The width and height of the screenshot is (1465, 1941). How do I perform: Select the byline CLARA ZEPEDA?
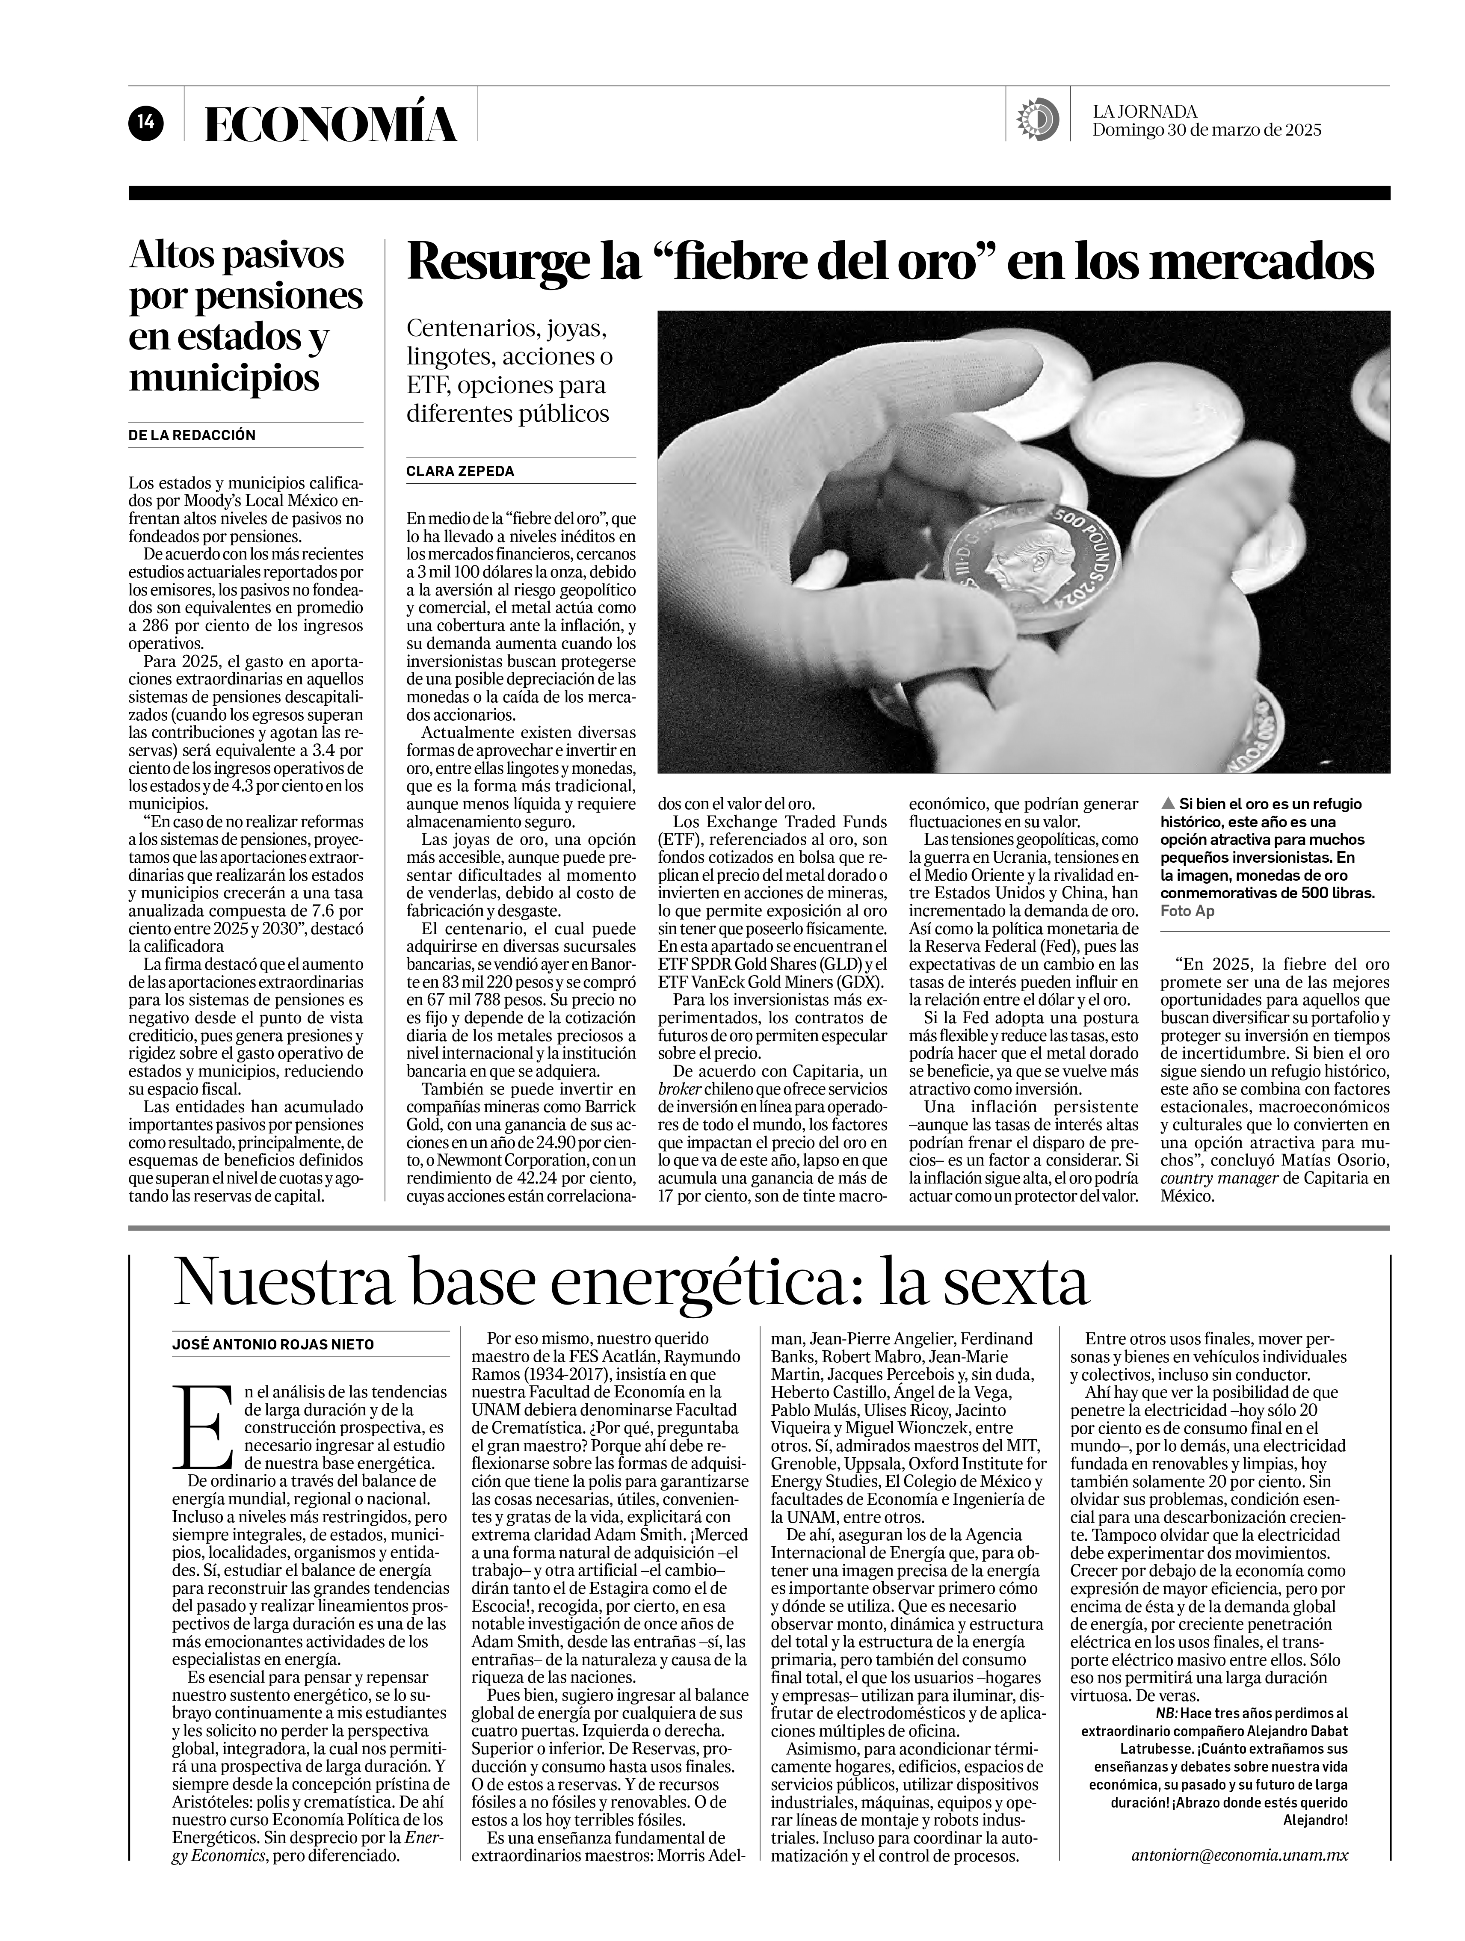coord(460,471)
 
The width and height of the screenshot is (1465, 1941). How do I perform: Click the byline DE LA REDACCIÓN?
coord(192,435)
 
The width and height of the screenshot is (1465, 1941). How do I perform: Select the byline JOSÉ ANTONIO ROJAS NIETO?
coord(273,1344)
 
